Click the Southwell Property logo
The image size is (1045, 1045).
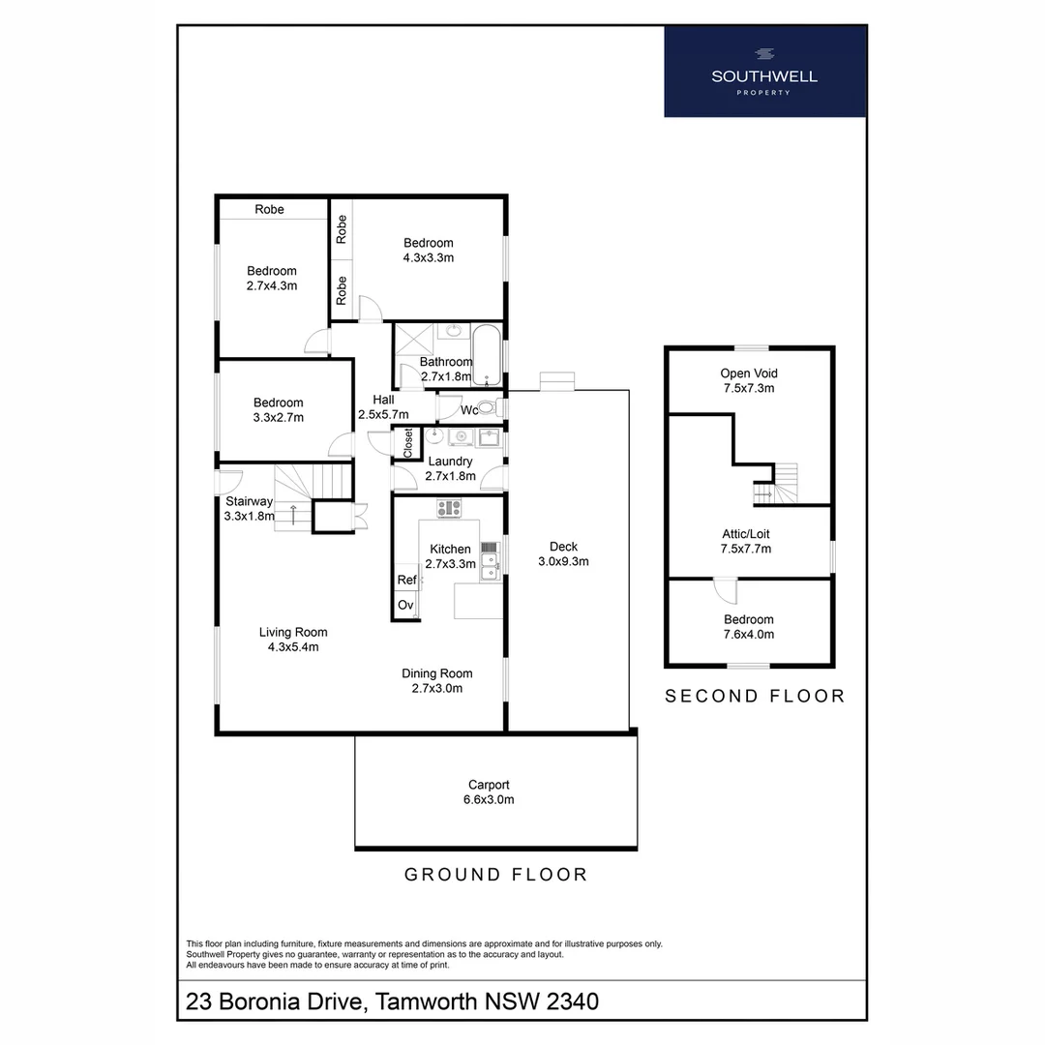[764, 72]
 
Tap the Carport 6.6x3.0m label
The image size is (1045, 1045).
[489, 792]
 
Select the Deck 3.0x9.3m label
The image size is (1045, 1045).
[563, 552]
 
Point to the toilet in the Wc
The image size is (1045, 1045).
[488, 409]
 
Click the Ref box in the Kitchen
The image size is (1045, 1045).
[406, 581]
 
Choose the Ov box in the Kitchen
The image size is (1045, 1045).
[405, 605]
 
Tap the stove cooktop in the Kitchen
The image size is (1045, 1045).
[449, 507]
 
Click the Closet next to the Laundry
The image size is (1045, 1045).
[407, 443]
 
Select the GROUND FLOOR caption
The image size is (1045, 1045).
[495, 875]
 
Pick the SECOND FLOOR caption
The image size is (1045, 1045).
[754, 696]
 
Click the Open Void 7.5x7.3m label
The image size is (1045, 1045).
[749, 380]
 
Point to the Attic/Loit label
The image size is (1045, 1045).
[746, 541]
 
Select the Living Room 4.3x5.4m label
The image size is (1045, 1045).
[293, 640]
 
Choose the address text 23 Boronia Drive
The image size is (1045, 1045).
[392, 1000]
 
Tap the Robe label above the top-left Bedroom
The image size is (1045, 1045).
[270, 209]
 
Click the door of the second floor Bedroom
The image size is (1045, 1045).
[726, 588]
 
